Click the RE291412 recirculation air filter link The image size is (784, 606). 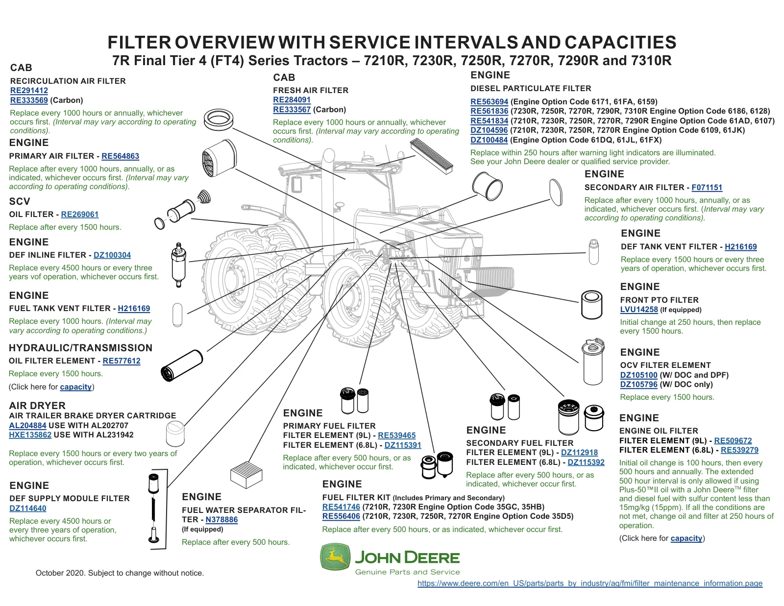[x=29, y=91]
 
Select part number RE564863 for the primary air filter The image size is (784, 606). [x=120, y=156]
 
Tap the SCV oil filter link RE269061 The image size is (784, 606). [x=80, y=215]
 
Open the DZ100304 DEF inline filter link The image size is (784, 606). [x=112, y=255]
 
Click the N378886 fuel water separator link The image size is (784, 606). [x=221, y=520]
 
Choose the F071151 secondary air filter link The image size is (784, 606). [x=707, y=188]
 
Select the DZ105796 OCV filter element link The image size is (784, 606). [x=638, y=385]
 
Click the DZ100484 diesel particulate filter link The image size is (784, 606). [x=489, y=140]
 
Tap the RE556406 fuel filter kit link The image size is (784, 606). [x=341, y=516]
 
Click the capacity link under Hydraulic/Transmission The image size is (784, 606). [x=76, y=387]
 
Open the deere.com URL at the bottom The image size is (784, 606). [x=590, y=583]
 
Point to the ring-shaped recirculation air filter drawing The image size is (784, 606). [x=218, y=120]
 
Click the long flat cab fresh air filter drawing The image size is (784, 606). [x=432, y=157]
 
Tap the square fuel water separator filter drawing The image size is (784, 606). [x=246, y=475]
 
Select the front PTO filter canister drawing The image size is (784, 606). [x=592, y=305]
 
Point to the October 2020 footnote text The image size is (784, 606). [x=120, y=573]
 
